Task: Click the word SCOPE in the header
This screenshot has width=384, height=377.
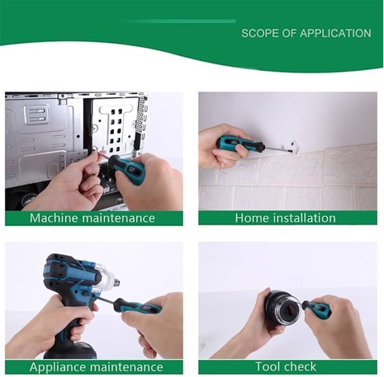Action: tap(261, 33)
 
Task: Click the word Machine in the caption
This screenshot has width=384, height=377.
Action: tap(55, 218)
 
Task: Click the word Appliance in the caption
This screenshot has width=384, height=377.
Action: tap(58, 367)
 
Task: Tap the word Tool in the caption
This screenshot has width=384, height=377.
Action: tap(266, 367)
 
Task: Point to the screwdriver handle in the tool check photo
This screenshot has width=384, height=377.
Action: tap(316, 308)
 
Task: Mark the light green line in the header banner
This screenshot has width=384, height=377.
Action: tap(178, 22)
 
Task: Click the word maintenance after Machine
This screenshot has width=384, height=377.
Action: tap(119, 218)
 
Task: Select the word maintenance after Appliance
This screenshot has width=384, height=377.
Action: tap(126, 367)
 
